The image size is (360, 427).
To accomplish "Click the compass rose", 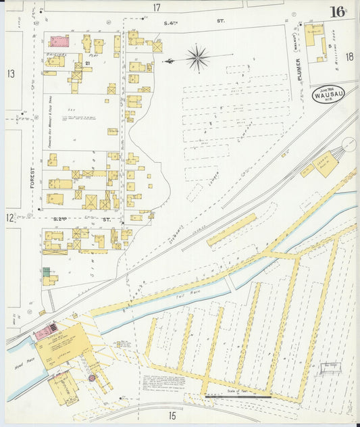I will (197, 58).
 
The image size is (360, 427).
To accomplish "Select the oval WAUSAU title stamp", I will (327, 96).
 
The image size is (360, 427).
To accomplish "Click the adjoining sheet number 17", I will (157, 8).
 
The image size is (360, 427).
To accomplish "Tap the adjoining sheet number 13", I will (11, 73).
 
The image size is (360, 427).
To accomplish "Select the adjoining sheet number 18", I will (349, 57).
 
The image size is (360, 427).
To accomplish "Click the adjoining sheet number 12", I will (11, 218).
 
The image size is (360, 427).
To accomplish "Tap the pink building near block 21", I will (59, 41).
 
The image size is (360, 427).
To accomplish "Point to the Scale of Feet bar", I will (238, 396).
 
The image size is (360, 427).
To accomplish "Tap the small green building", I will (46, 272).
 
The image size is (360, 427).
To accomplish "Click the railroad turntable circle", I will (350, 144).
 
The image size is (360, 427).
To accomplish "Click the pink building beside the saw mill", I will (46, 332).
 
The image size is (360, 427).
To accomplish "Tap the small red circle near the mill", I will (91, 378).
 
